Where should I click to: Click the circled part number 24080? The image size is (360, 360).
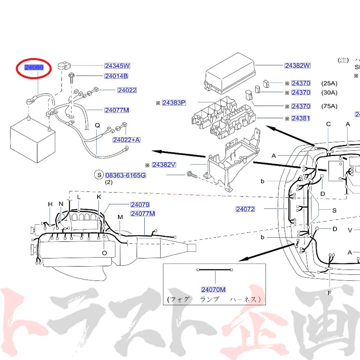click(34, 67)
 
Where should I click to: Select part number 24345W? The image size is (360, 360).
click(117, 66)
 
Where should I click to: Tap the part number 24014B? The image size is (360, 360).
click(116, 76)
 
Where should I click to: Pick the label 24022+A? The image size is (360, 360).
click(126, 140)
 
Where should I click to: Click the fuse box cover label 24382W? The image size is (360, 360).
click(297, 66)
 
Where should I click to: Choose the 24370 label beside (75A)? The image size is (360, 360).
click(301, 106)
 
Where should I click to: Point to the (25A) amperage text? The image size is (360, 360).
click(329, 84)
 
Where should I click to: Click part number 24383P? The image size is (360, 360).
click(174, 103)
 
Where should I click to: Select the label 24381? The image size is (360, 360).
click(301, 118)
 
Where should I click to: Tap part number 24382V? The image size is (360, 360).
click(164, 165)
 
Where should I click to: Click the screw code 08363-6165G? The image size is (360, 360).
click(126, 175)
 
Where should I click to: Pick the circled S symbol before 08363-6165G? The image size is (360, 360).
click(98, 175)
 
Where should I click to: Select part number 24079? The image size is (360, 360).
click(140, 204)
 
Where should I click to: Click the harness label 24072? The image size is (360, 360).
click(246, 209)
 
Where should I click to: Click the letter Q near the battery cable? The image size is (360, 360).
click(97, 125)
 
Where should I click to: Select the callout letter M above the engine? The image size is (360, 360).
click(120, 217)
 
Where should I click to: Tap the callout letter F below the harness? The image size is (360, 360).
click(329, 293)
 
